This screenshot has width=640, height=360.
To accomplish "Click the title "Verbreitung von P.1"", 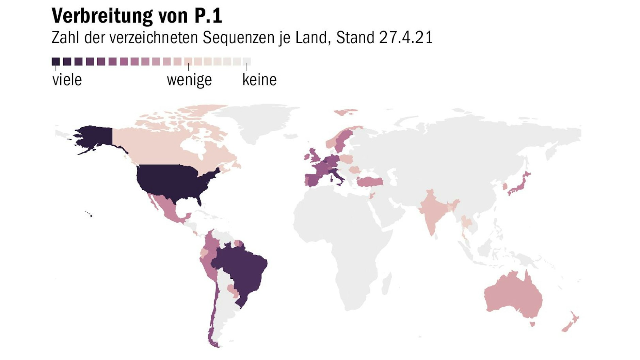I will point(137,16).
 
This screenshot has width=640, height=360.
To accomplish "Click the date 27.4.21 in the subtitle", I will point(406,37).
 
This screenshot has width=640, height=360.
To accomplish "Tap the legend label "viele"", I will point(67,80).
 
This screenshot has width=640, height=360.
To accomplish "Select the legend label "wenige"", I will point(189,80).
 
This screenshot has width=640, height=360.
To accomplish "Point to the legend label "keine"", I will point(259,80).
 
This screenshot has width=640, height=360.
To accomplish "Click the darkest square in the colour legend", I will point(56,62).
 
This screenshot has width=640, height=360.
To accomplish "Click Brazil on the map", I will point(242,269).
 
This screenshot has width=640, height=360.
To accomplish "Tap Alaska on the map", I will point(94,136).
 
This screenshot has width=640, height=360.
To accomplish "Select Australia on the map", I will point(512,296).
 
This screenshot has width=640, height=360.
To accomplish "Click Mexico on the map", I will point(167,208).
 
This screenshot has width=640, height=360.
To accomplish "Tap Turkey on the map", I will point(369,182).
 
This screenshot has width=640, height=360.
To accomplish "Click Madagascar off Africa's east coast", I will point(386,284).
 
